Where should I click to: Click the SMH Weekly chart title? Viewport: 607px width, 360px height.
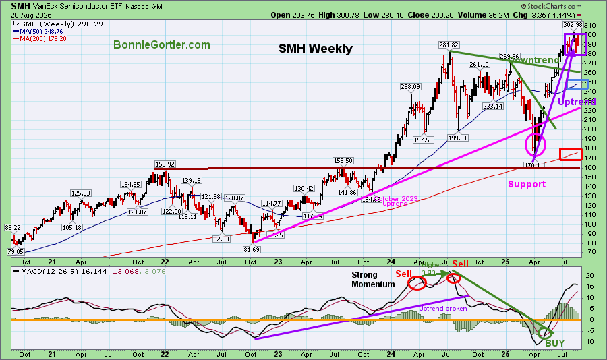(316, 49)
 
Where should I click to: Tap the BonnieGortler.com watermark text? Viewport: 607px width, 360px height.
(162, 45)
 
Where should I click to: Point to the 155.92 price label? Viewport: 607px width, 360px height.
(165, 164)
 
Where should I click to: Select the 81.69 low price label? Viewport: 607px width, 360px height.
(251, 249)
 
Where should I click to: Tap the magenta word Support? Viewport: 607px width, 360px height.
(527, 184)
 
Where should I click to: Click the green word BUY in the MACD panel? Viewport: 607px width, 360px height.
(555, 343)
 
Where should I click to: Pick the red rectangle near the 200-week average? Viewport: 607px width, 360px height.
(571, 154)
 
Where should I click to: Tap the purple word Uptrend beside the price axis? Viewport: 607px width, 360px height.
(577, 102)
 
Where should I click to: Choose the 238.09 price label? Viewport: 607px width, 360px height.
(410, 86)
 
